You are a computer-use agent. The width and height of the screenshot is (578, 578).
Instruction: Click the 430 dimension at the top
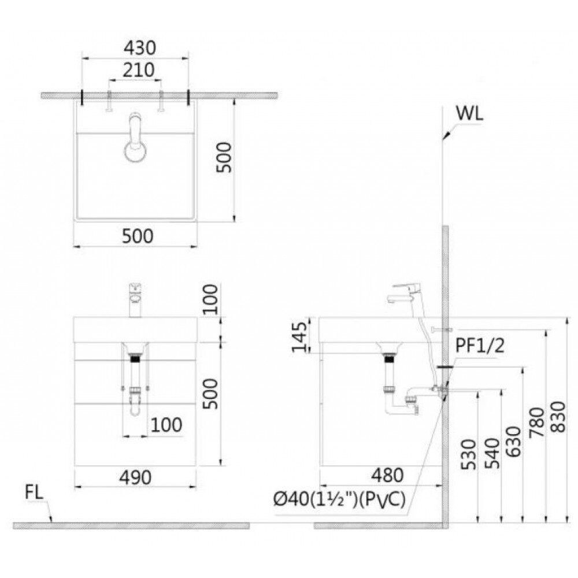(140, 48)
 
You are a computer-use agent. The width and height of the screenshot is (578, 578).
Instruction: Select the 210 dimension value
(138, 70)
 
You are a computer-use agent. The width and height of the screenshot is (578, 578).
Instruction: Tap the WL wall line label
(469, 114)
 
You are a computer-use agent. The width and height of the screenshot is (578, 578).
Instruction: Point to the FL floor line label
(34, 493)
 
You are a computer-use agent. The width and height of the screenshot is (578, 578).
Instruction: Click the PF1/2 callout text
(480, 346)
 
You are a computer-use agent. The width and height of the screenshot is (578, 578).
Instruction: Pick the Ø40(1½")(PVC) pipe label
(339, 500)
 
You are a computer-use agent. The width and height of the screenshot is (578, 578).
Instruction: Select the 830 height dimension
(558, 417)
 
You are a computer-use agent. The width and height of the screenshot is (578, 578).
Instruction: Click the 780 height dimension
(537, 423)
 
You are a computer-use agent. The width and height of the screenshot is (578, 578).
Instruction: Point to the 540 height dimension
(492, 453)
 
